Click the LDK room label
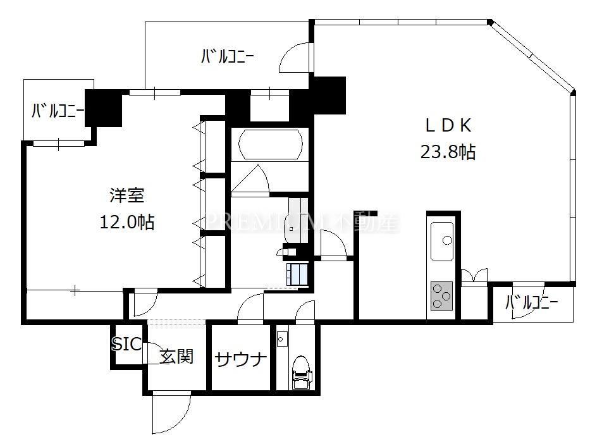(x=447, y=125)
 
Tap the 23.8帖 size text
(x=448, y=152)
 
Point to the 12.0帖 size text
(x=127, y=223)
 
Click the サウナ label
(x=240, y=359)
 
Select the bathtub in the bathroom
(x=269, y=145)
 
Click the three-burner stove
(x=442, y=295)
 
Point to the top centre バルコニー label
(x=228, y=58)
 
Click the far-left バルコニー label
(x=58, y=112)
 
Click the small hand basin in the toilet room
(x=281, y=340)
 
